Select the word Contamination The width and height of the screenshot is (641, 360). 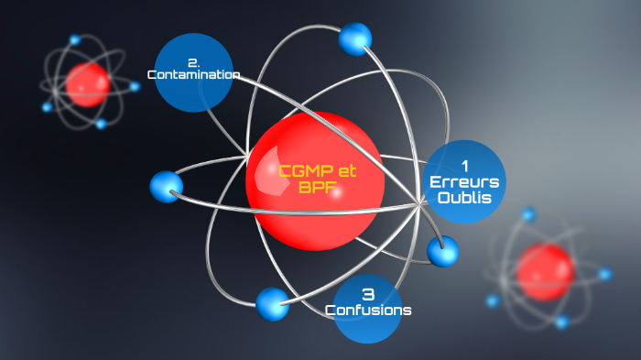click(x=193, y=75)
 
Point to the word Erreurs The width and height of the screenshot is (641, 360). click(x=465, y=181)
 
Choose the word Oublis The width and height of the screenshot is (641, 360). click(x=464, y=197)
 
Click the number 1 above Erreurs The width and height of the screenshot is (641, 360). click(x=465, y=166)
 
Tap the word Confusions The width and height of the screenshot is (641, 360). click(x=368, y=310)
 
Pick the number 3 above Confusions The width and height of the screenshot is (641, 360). click(x=368, y=294)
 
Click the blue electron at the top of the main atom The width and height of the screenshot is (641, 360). click(x=354, y=38)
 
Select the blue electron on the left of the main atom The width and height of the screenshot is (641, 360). click(x=166, y=187)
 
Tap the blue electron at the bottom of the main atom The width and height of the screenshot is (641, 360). click(x=272, y=304)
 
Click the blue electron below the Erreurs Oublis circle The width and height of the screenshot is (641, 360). click(x=442, y=250)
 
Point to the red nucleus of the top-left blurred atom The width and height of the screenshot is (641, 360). click(x=88, y=83)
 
